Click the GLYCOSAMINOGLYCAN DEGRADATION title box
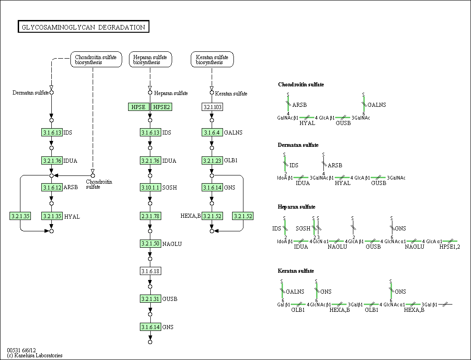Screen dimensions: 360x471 (x=84, y=27)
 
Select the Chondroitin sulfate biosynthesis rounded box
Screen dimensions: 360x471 (x=96, y=60)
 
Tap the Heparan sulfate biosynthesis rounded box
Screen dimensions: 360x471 (x=150, y=60)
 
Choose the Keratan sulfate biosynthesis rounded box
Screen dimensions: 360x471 (x=212, y=60)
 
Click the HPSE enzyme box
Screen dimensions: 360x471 (x=139, y=107)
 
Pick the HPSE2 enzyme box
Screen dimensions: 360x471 (x=162, y=107)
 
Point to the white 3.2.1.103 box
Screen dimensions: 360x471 (x=212, y=107)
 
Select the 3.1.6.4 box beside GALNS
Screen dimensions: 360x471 (x=212, y=132)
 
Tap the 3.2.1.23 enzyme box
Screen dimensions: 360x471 (x=212, y=160)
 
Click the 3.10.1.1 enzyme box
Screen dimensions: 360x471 (x=150, y=187)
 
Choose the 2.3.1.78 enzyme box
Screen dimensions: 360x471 (x=150, y=216)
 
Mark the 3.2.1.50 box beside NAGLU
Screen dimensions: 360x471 (x=150, y=244)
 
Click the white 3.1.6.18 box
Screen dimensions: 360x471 (x=150, y=271)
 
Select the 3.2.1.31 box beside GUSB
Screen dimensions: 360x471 (x=150, y=299)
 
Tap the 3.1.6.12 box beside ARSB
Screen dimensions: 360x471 (x=52, y=187)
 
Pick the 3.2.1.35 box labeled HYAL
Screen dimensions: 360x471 (x=52, y=216)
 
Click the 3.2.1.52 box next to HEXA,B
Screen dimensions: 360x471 (x=212, y=216)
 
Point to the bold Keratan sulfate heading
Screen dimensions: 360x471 (x=296, y=271)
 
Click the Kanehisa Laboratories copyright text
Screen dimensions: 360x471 (x=35, y=355)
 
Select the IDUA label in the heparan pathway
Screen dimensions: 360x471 (x=169, y=160)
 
